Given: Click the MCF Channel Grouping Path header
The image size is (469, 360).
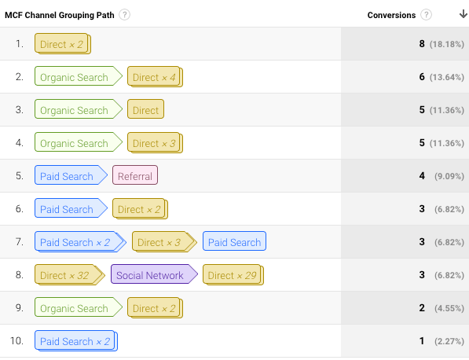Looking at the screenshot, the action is coord(60,15).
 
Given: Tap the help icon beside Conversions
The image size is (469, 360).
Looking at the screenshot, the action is coord(426,15).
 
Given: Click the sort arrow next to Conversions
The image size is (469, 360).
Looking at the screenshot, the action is coord(464,14).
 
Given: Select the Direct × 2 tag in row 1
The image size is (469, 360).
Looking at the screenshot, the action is coord(63,44).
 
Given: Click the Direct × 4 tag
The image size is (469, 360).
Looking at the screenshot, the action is coord(155,77).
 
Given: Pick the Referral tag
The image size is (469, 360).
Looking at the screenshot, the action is coord(135,175).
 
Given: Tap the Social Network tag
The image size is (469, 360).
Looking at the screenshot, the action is coord(154,274).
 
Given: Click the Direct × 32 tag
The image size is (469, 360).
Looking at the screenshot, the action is coord(69,274).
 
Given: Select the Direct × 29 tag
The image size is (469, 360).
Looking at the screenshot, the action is coord(233,274).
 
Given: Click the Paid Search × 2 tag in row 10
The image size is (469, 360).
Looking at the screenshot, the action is coord(76,340).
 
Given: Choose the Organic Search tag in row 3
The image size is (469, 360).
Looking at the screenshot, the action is coord(79,109).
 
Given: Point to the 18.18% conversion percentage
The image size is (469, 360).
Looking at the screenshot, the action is coord(447,44).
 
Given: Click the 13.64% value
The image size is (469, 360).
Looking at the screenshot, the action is coord(447,77).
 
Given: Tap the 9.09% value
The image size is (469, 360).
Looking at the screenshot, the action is coord(449,176).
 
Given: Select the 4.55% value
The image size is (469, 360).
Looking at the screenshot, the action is coord(449,308).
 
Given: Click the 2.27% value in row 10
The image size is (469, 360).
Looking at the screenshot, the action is coord(449,341).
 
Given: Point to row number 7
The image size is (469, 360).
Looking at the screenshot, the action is coord(19,241).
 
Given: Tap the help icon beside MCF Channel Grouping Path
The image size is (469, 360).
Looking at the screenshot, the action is coord(124,15).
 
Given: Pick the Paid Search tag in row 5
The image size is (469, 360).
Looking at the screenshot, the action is coord(71,175).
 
